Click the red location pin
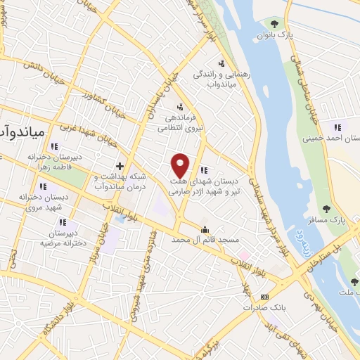pyautogui.click(x=181, y=165)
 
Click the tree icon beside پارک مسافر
pyautogui.click(x=326, y=208)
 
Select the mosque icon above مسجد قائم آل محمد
pyautogui.click(x=205, y=229)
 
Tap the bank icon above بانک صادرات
pyautogui.click(x=264, y=297)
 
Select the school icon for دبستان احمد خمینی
pyautogui.click(x=337, y=127)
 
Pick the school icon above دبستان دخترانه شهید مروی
pyautogui.click(x=42, y=187)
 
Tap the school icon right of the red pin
pyautogui.click(x=204, y=169)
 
